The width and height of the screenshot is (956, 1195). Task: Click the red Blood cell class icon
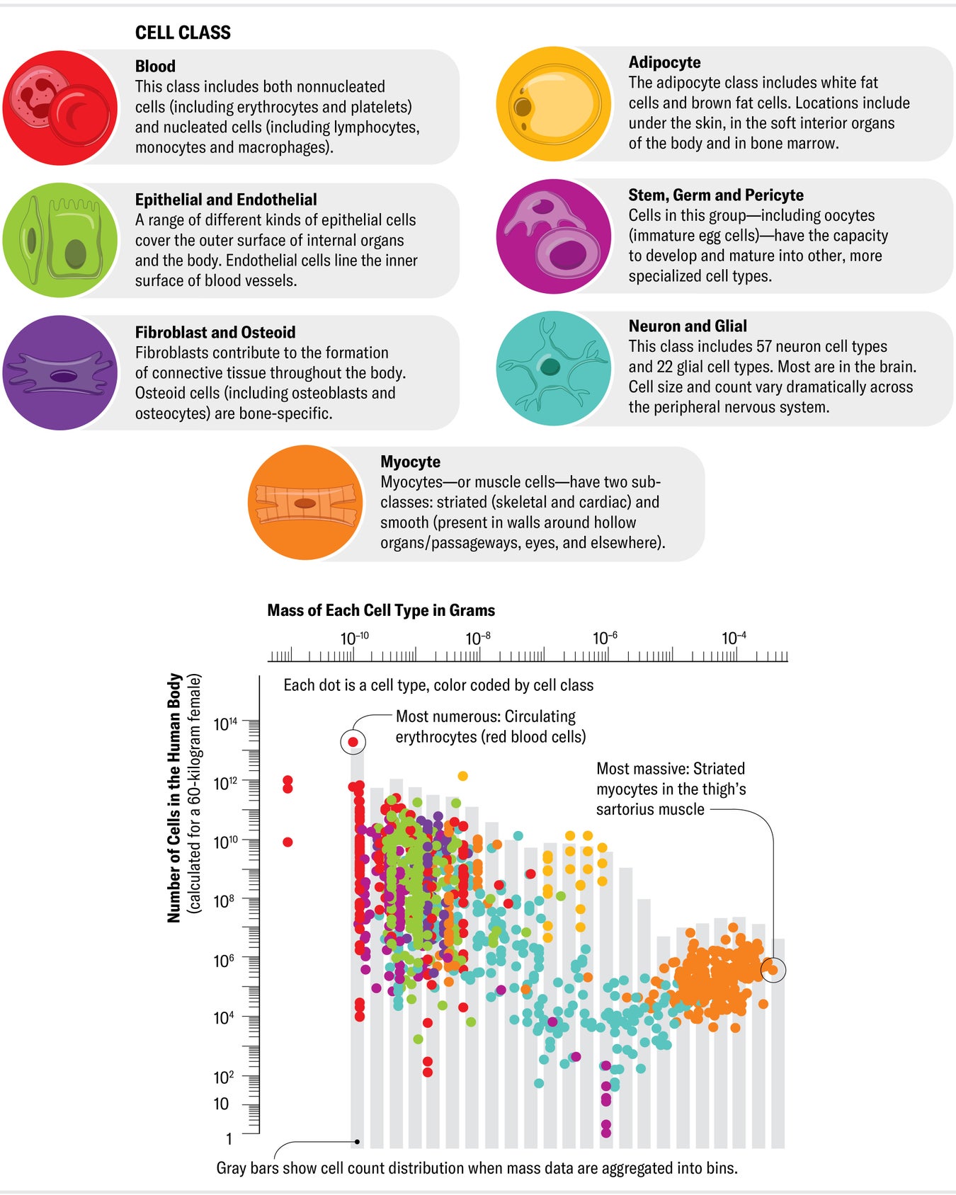pos(60,107)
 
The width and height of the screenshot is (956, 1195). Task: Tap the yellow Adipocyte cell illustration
pos(554,104)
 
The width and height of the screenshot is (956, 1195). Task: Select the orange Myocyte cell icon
pos(306,503)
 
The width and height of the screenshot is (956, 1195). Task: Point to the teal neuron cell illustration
pos(554,368)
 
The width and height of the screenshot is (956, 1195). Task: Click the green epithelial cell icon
pos(60,240)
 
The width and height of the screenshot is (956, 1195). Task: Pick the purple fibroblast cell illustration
pos(60,373)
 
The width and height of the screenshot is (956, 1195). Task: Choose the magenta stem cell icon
pos(554,236)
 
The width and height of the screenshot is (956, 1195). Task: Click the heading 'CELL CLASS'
pos(183,33)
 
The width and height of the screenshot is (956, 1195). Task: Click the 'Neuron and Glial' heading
pos(687,326)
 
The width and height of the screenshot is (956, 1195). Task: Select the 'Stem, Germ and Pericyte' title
pos(715,195)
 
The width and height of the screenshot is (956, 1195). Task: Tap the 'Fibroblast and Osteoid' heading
pos(215,333)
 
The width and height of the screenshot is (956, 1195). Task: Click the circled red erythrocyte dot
pos(353,742)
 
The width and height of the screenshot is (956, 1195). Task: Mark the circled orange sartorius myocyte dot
pos(773,970)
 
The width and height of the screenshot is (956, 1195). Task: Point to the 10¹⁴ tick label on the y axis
pos(226,724)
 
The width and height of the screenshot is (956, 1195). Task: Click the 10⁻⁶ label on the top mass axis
pos(605,639)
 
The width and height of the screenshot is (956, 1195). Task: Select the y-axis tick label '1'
pos(229,1139)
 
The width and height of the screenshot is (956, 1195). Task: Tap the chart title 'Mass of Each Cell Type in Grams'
pos(381,610)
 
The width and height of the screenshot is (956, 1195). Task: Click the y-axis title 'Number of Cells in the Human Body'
pos(174,798)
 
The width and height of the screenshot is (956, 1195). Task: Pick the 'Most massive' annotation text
pos(670,789)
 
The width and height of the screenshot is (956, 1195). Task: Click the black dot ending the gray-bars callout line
pos(358,1142)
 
